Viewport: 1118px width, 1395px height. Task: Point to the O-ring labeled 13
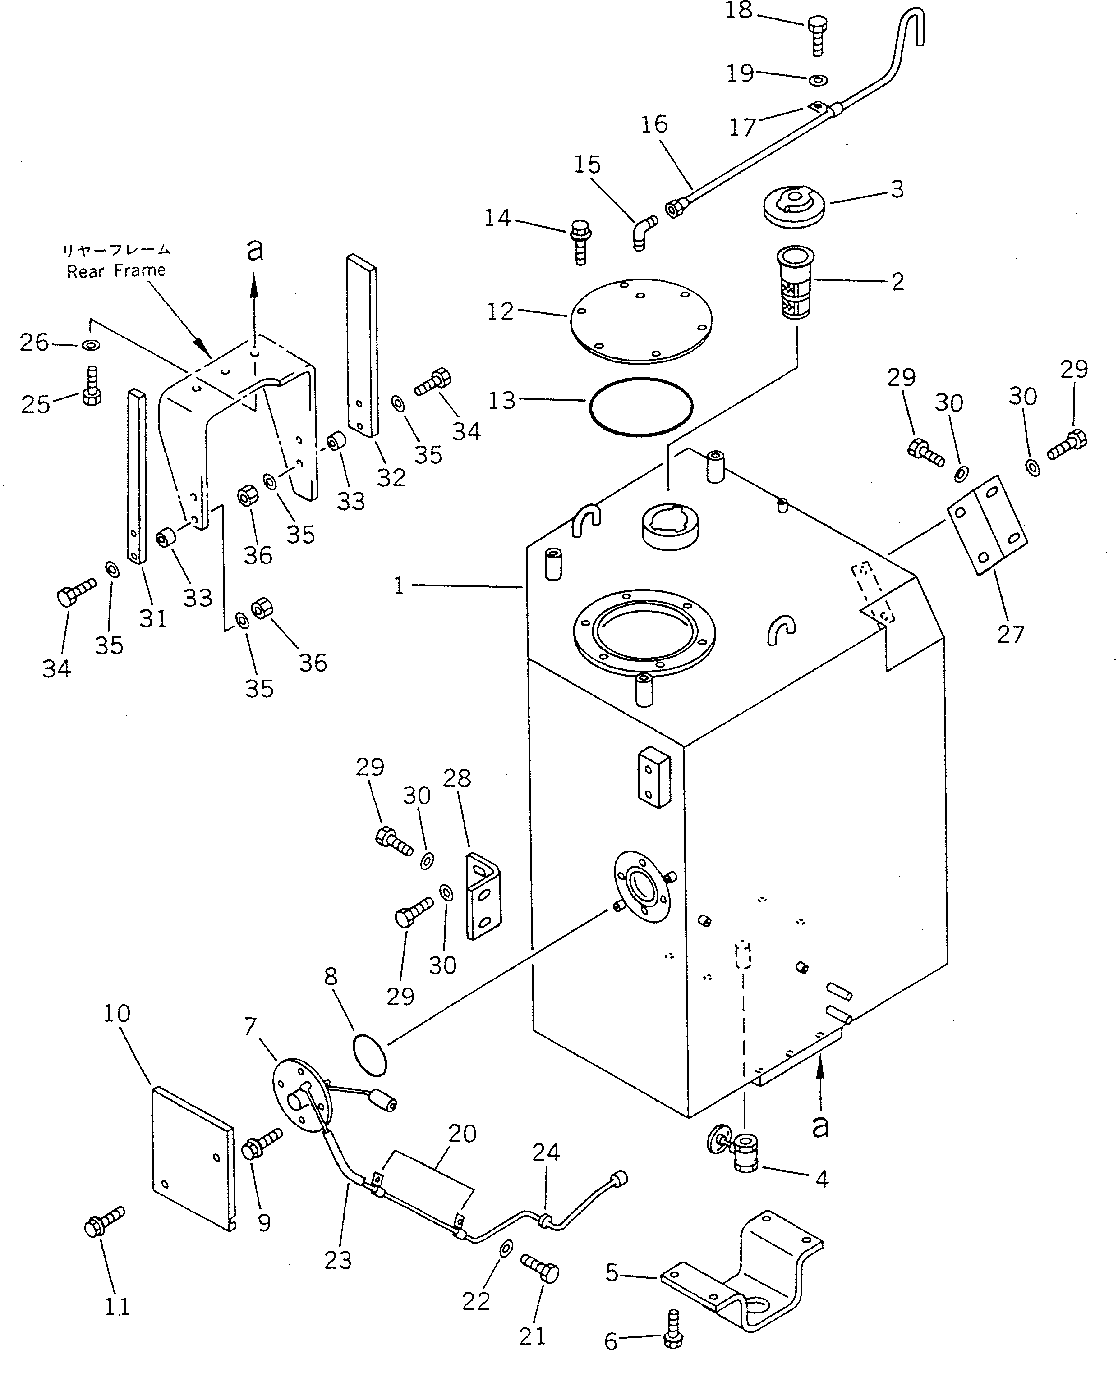tap(641, 407)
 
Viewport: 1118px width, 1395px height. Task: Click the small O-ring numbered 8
tap(370, 1055)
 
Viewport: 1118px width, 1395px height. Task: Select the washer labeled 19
tap(818, 80)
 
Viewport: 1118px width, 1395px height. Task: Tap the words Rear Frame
tap(116, 271)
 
